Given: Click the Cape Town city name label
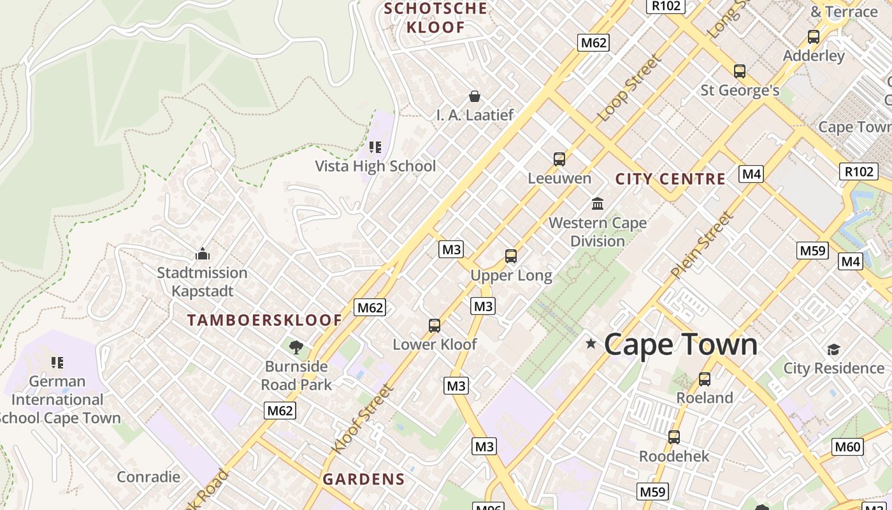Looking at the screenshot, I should (680, 344).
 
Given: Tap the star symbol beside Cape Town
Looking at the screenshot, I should (591, 344).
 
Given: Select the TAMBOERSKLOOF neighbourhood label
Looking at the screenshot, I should (264, 320).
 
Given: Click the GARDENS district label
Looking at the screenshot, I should (363, 479).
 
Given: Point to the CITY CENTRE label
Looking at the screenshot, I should (670, 178).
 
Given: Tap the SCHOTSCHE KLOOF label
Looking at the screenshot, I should (436, 18).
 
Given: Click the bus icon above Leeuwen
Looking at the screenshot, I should (559, 159).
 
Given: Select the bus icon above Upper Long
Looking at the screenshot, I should (511, 256).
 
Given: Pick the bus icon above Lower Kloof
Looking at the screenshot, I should (435, 326).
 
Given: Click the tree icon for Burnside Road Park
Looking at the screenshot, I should (296, 347).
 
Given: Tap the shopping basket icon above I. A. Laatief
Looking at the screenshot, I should (475, 96).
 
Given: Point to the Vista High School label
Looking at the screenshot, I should (375, 166).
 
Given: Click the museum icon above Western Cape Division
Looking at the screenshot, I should (598, 203).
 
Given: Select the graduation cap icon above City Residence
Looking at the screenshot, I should (833, 349).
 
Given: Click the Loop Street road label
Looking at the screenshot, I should (629, 88).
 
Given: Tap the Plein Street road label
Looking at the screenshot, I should (701, 245).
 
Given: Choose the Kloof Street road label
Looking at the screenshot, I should (363, 418).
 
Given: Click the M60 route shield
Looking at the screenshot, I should (847, 446).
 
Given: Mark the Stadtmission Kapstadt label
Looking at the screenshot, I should (203, 282).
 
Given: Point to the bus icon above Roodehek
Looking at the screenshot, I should (674, 437).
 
